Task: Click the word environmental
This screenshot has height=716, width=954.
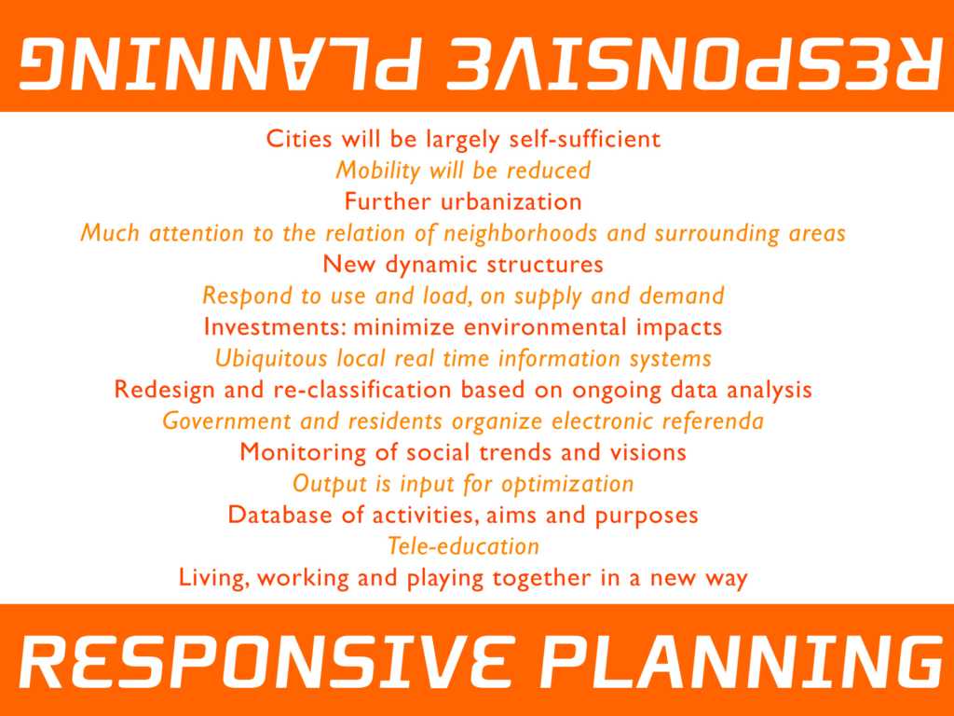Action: tap(544, 327)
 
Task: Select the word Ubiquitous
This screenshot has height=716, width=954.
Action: tap(271, 359)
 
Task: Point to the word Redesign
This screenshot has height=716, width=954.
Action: tap(164, 391)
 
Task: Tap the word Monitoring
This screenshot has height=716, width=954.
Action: tap(301, 453)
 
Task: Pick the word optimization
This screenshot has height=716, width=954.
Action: tap(567, 485)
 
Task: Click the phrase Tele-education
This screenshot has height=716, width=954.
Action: tap(464, 546)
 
